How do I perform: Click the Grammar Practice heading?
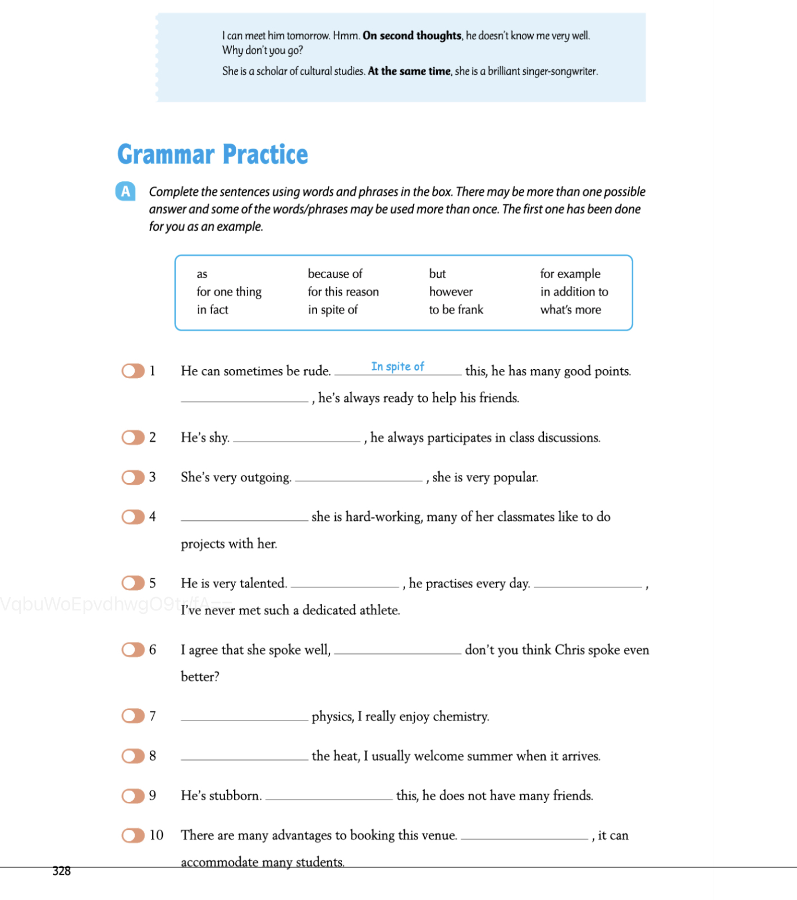tap(212, 154)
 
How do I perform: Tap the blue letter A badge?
tap(125, 191)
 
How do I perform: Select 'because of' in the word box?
tap(335, 274)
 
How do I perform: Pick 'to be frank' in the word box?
tap(456, 310)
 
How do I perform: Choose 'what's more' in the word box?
tap(570, 310)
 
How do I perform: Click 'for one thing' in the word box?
tap(229, 292)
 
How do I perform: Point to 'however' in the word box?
tap(451, 292)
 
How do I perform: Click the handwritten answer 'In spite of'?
tap(397, 366)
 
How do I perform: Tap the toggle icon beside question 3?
tap(133, 477)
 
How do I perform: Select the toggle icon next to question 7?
tap(133, 716)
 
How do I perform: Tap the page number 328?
tap(61, 871)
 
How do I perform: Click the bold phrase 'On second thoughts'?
tap(412, 35)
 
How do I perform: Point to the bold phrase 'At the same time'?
tap(409, 71)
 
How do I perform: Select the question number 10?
tap(156, 835)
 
